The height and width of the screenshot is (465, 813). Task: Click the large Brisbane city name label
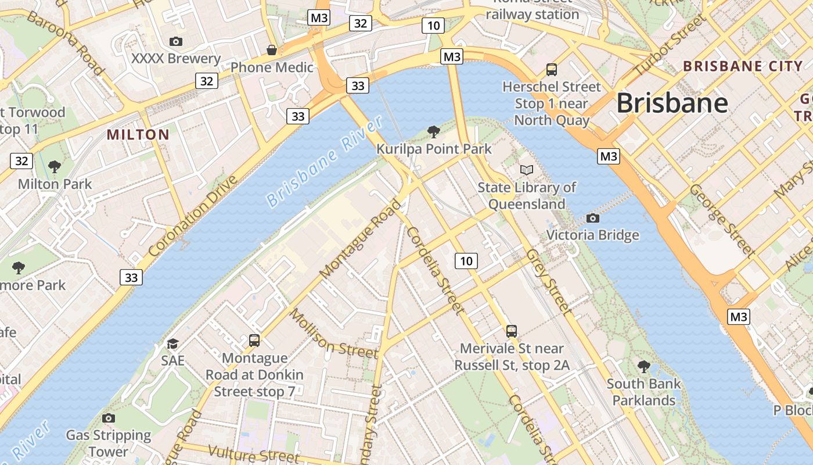coord(672,103)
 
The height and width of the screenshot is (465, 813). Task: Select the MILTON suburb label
coord(138,135)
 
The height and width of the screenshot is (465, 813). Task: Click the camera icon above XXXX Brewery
coord(175,41)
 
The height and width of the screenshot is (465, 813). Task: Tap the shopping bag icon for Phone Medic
coord(271,50)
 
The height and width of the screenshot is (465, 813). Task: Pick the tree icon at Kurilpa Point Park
coord(433,131)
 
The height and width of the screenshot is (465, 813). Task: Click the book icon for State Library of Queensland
coord(526,170)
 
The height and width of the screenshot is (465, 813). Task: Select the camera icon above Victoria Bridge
coord(592,218)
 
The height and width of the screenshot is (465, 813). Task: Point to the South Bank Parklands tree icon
coord(643,366)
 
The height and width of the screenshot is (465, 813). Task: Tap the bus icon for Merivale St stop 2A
coord(511,331)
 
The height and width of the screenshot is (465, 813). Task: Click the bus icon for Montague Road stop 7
coord(254,340)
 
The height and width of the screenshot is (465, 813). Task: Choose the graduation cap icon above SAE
coord(172,344)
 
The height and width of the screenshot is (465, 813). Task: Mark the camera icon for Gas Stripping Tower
coord(108,418)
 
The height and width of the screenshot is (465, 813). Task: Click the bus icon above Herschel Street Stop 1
coord(551,70)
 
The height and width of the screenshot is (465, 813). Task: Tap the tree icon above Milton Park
coord(55,167)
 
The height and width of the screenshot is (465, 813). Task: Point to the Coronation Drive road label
coord(193,216)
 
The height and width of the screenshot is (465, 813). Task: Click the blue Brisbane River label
coord(325,162)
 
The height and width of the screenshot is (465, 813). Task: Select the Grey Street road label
coord(549,282)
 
